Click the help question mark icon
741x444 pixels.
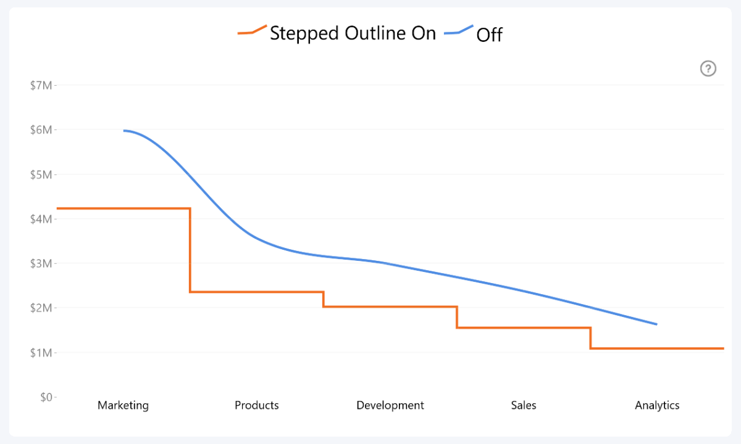708,68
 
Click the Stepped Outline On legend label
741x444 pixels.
353,33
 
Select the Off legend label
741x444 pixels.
489,35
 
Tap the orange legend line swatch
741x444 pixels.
253,31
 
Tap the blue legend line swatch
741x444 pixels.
459,31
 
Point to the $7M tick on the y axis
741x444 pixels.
41,85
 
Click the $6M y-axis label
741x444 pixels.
41,129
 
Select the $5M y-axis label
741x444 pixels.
41,175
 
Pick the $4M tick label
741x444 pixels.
41,219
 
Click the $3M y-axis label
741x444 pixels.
41,263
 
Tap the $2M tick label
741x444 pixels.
41,308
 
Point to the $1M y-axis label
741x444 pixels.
41,352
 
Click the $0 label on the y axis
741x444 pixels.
46,397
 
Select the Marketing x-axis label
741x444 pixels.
124,405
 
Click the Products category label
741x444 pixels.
257,405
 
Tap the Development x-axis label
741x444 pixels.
390,405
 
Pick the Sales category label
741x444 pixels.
524,405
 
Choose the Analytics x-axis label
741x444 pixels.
657,405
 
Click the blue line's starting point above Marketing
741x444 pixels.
124,130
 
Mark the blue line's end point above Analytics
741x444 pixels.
656,324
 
